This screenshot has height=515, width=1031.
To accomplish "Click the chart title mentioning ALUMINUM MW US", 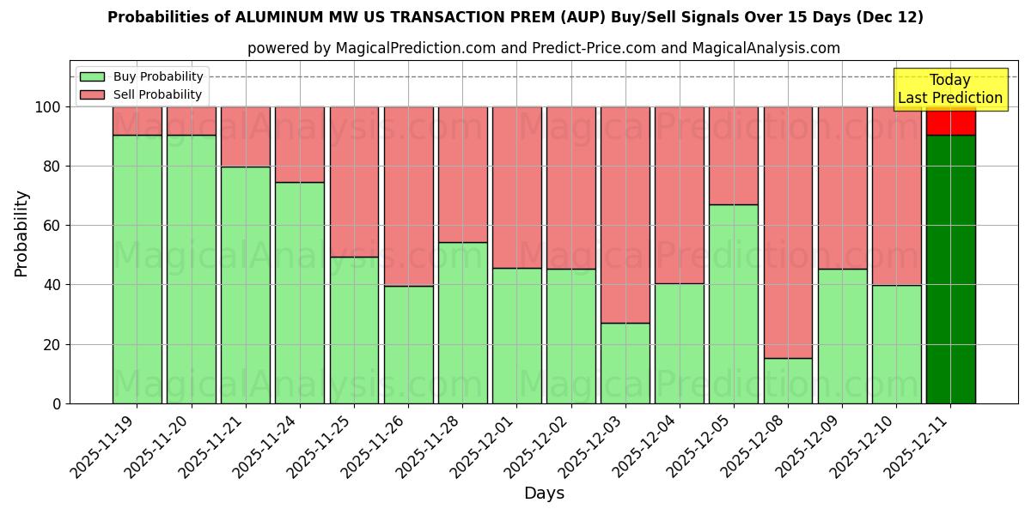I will coord(515,17).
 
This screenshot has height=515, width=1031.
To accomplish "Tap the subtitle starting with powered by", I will coord(543,48).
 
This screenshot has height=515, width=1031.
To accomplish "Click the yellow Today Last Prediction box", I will coord(949,89).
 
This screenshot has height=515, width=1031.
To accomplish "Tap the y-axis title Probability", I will coord(21,233).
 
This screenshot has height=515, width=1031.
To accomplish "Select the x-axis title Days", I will coord(544,494).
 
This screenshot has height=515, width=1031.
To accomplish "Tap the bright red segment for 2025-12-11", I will coord(950,121).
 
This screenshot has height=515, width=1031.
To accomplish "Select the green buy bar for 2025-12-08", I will coord(788,380).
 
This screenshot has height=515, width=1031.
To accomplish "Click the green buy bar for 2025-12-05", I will coord(734,304).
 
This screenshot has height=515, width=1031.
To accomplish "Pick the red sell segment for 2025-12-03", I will coord(625,215).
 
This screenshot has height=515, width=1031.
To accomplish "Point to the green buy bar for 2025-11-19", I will coord(137,269).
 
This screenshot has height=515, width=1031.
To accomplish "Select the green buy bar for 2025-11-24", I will coord(300,293).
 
